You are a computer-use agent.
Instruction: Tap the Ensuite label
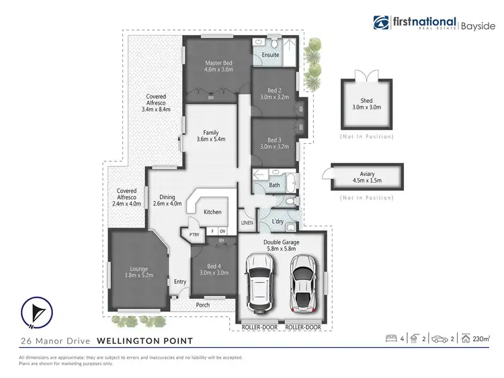click(271, 54)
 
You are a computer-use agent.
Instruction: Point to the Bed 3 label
click(274, 140)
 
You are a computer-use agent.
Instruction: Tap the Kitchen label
click(212, 212)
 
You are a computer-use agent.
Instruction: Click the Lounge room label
click(139, 271)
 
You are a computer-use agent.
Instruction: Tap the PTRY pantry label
click(195, 234)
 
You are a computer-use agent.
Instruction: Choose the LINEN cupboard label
click(247, 222)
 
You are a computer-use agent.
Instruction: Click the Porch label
click(203, 305)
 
